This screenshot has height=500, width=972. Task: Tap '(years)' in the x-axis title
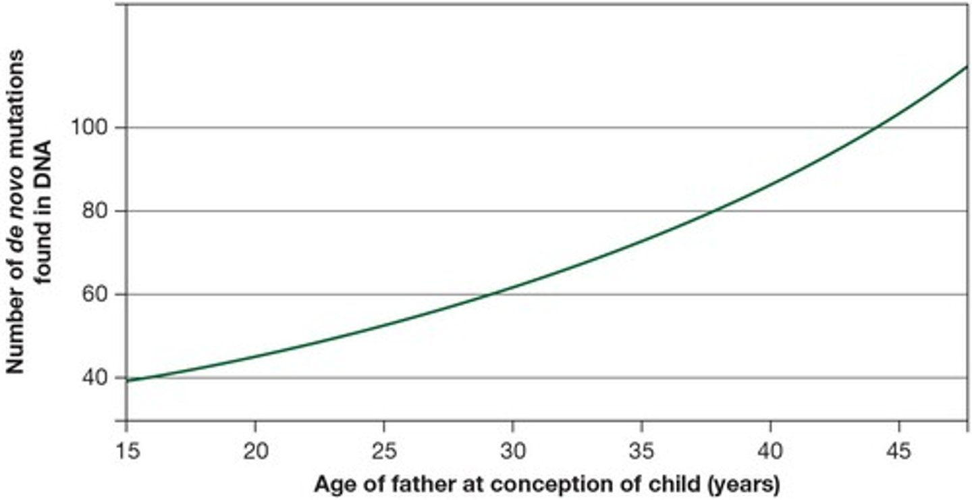(x=746, y=484)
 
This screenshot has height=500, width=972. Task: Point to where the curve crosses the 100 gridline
(x=878, y=128)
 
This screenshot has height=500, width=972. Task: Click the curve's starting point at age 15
(x=128, y=380)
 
